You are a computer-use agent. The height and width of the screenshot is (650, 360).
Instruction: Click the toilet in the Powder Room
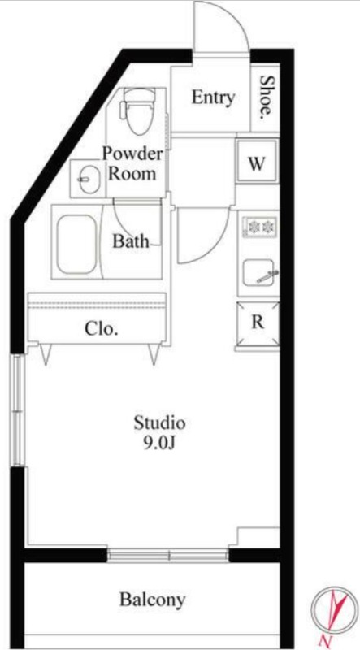click(137, 112)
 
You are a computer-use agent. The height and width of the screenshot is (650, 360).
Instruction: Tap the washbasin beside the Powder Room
click(89, 179)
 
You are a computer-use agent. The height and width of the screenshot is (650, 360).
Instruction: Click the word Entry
click(213, 97)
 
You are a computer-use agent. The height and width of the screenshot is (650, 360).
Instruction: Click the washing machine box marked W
click(257, 162)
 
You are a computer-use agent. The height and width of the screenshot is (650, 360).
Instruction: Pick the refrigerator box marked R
click(258, 323)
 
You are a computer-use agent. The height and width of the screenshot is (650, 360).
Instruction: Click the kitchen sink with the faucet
click(259, 272)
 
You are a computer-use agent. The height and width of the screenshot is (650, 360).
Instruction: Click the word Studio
click(159, 422)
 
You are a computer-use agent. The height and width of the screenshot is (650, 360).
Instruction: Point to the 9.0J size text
click(159, 443)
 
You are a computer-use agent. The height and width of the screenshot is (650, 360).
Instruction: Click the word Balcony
click(152, 599)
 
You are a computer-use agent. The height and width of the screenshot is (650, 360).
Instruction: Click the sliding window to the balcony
click(168, 556)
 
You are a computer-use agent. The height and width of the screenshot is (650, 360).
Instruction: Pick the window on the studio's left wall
click(17, 410)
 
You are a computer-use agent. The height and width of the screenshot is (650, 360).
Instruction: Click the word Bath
click(130, 241)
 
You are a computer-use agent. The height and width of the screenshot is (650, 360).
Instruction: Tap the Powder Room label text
click(132, 163)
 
